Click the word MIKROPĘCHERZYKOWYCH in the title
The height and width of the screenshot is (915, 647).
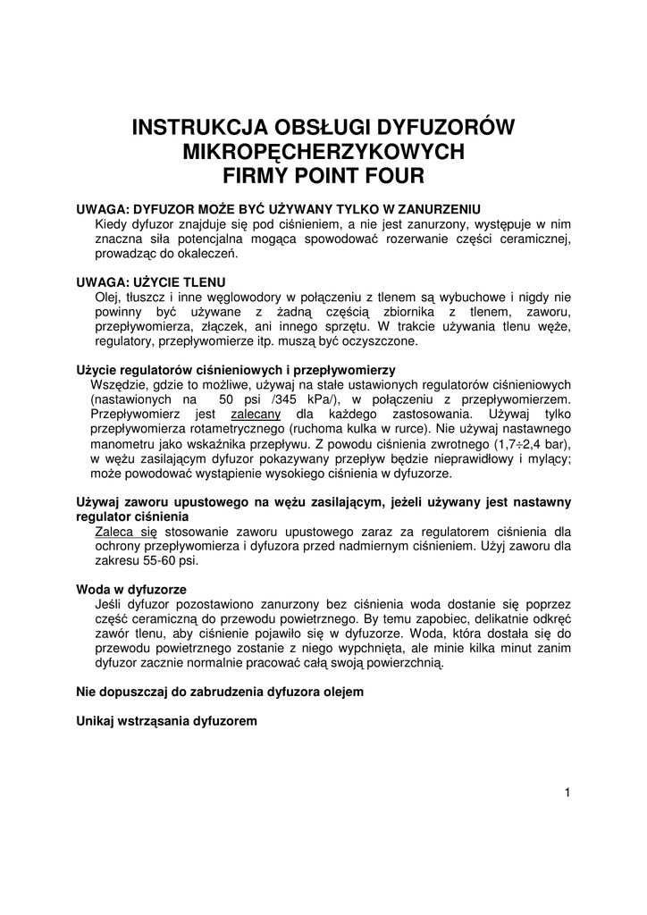(323, 149)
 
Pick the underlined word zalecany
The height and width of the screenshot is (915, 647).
(256, 415)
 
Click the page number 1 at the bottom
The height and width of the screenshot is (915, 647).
(567, 791)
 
